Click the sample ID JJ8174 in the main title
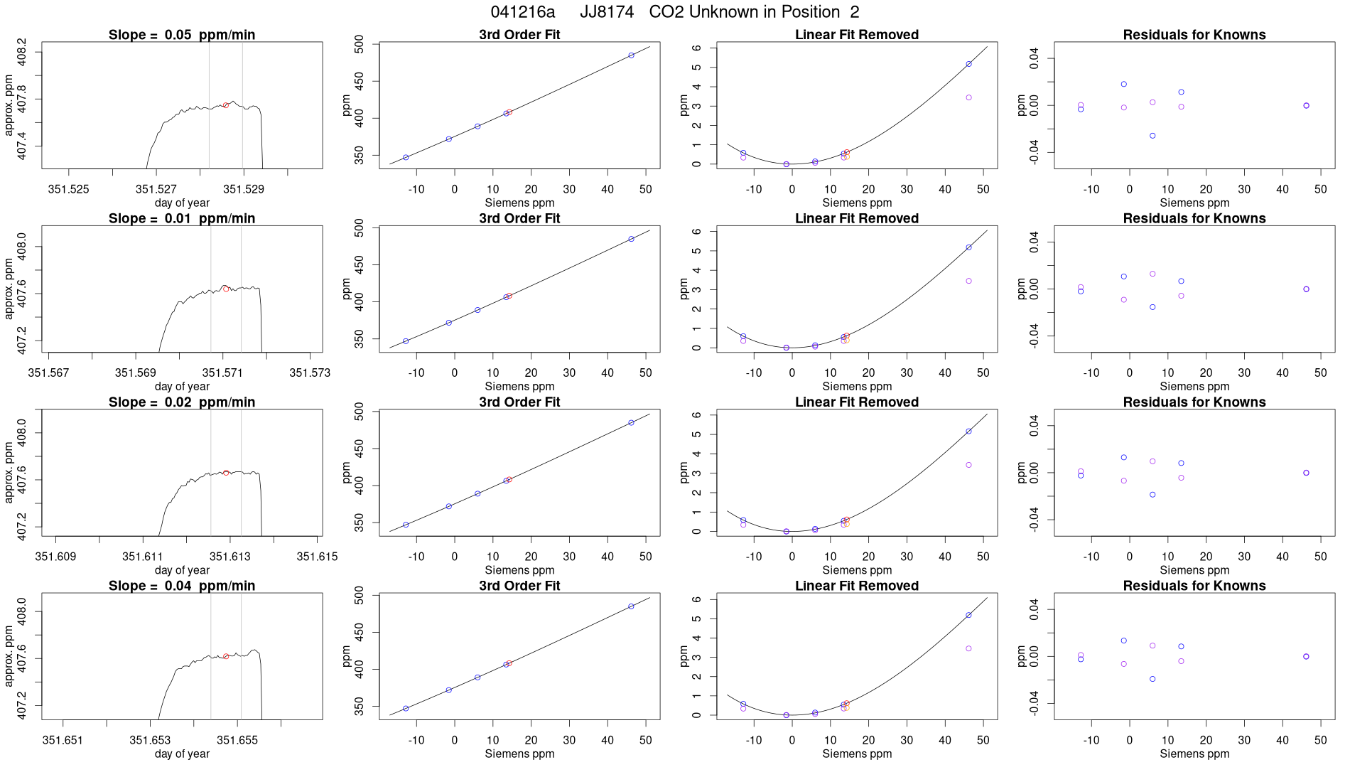[x=607, y=12]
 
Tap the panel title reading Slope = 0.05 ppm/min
[x=182, y=35]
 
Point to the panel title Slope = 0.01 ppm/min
[x=182, y=218]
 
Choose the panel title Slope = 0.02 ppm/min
[x=182, y=402]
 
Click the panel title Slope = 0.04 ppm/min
[x=182, y=586]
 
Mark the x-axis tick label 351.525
[x=69, y=189]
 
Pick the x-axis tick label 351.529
[x=244, y=189]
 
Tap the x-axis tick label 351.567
[x=48, y=373]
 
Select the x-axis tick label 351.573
[x=310, y=373]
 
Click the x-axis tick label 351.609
[x=55, y=556]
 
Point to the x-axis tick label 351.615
[x=317, y=556]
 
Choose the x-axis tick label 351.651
[x=63, y=740]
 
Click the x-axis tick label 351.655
[x=237, y=740]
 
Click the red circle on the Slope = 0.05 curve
[x=225, y=105]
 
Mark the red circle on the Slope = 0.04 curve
[x=226, y=656]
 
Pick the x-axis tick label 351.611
[x=143, y=556]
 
